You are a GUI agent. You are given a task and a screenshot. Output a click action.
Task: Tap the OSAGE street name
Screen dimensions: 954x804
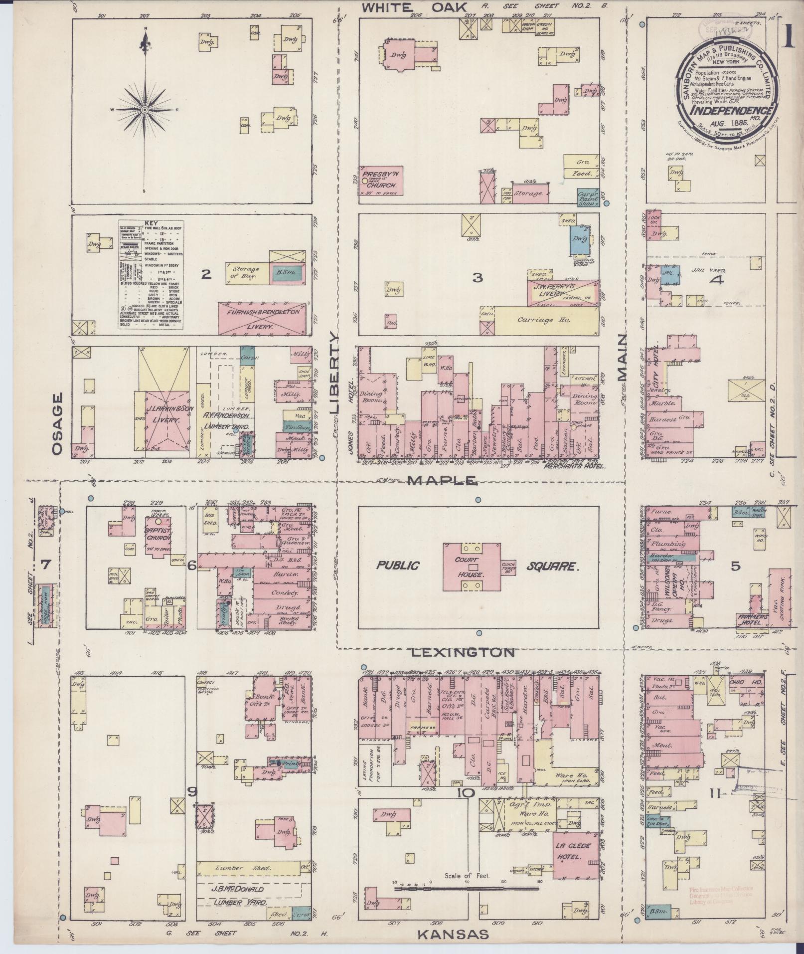pos(58,423)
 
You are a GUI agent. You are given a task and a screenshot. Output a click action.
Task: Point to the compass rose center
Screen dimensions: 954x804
pos(145,109)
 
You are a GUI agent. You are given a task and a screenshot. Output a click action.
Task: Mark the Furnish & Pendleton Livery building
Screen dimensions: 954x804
pos(264,318)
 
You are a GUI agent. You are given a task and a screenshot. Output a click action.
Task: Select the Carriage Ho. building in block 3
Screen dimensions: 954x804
pos(547,320)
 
